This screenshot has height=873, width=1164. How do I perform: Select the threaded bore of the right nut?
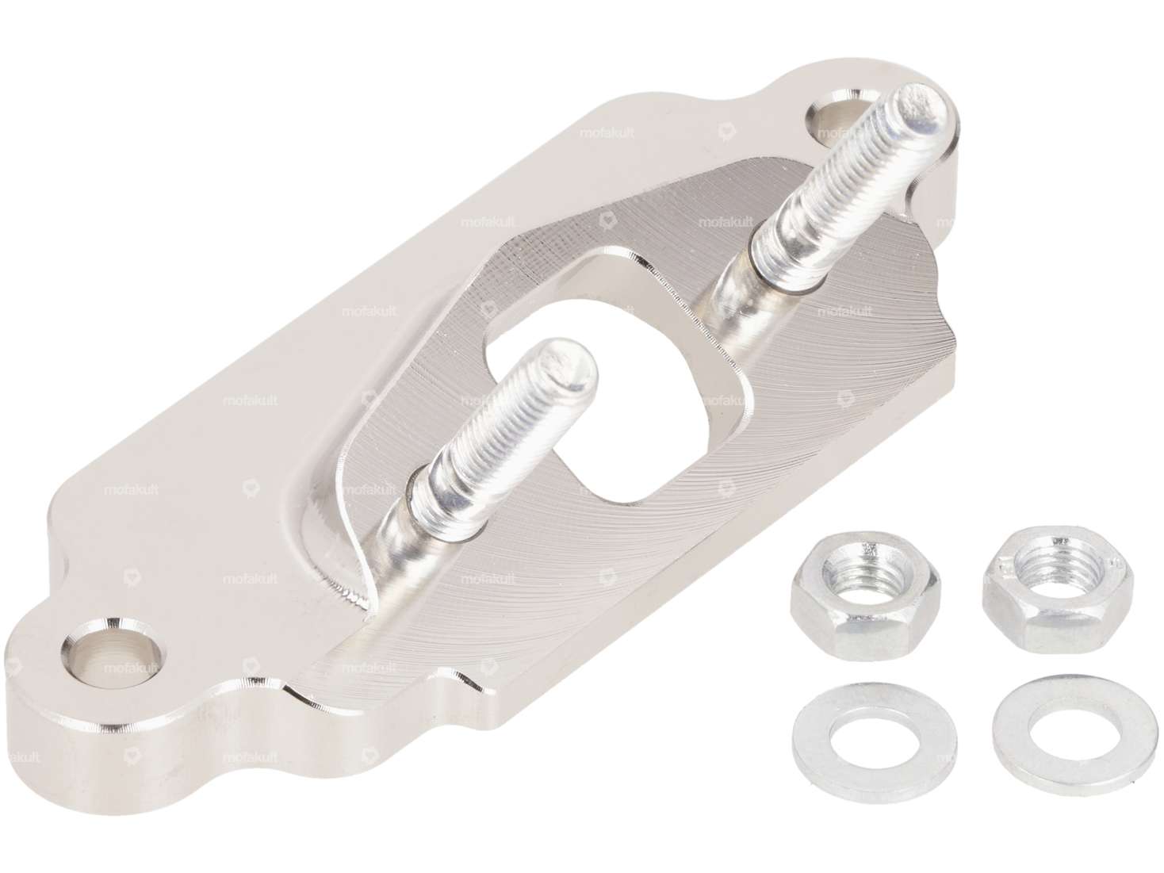(x=1038, y=569)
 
